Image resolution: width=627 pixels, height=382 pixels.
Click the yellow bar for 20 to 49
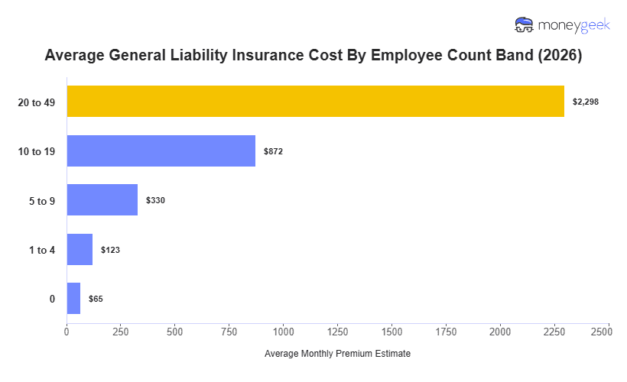click(x=315, y=102)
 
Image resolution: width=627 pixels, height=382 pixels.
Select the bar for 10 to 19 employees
click(x=161, y=151)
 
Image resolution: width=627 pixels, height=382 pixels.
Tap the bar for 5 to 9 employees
click(x=102, y=200)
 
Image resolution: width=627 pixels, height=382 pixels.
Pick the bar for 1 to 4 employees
click(x=80, y=250)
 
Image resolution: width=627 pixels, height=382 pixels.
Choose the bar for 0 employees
click(x=73, y=299)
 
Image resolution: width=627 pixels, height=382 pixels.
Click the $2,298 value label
click(x=586, y=102)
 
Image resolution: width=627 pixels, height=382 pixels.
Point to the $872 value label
click(x=273, y=151)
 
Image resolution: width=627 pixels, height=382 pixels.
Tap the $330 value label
click(x=155, y=200)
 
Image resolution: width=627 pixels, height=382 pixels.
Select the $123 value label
click(x=110, y=250)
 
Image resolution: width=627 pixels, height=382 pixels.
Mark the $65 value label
click(x=96, y=299)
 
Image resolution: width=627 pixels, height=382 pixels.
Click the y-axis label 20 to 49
click(x=37, y=102)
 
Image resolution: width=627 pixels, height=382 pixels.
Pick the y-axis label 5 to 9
click(x=42, y=200)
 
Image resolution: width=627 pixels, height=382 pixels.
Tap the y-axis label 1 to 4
click(x=42, y=250)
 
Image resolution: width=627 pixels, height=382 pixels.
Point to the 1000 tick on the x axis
click(x=284, y=332)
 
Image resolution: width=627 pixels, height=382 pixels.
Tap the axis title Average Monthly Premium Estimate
click(x=337, y=354)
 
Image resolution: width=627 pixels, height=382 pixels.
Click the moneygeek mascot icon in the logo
click(x=525, y=25)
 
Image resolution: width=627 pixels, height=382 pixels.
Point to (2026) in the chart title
click(x=559, y=56)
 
